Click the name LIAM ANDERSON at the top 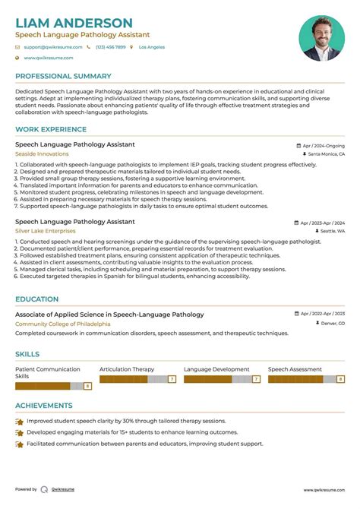coord(74,23)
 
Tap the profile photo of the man coord(322,38)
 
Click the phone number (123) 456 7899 coord(110,47)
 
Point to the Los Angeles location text coord(151,47)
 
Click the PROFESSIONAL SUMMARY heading coord(64,77)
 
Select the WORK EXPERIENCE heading coord(51,130)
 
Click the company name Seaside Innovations coord(42,153)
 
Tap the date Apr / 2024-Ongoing coord(323,145)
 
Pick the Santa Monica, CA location coord(326,153)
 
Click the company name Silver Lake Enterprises coord(46,231)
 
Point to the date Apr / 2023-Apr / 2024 coord(323,223)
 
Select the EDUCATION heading coord(37,299)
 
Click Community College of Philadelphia coord(62,324)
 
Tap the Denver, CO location coord(332,324)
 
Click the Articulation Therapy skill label coord(127,369)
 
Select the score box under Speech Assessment coord(341,378)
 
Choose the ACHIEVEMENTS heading coord(44,406)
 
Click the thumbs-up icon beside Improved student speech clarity coord(20,420)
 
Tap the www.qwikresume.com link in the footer coord(324,490)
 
